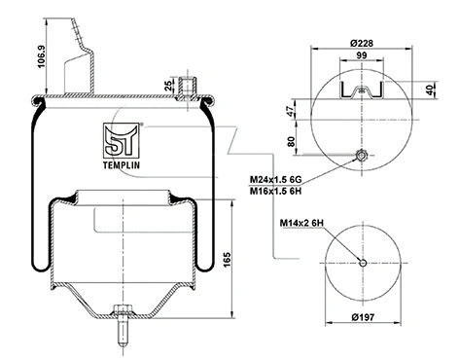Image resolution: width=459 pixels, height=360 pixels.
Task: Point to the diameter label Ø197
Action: [362, 317]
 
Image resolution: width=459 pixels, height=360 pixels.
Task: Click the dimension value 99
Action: [361, 56]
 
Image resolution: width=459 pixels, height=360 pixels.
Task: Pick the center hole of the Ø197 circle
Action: [362, 260]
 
